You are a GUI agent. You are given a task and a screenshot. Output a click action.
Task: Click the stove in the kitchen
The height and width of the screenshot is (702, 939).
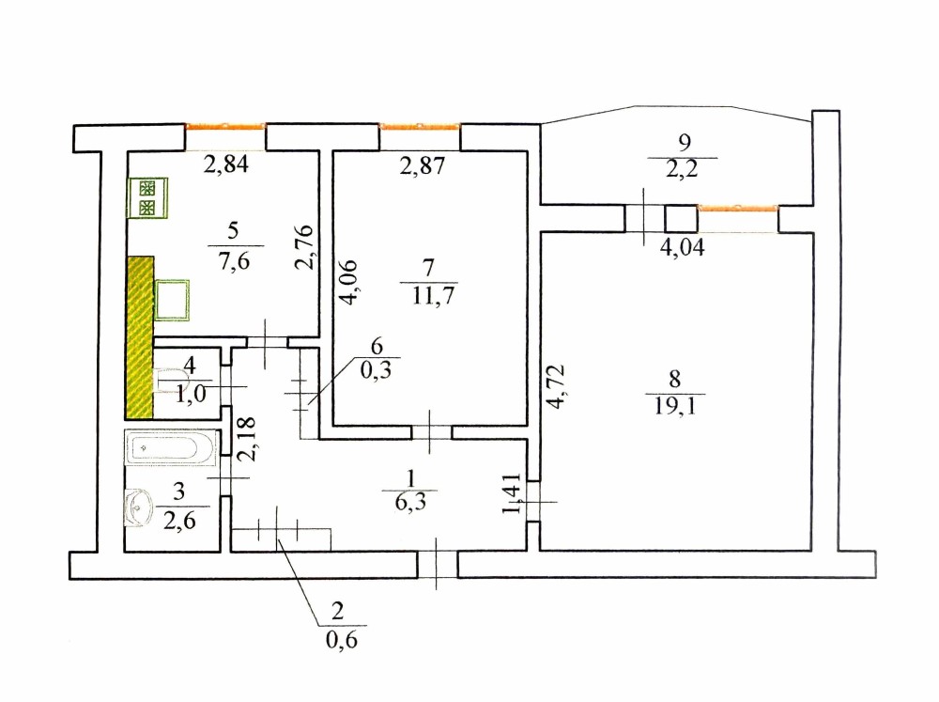tap(146, 198)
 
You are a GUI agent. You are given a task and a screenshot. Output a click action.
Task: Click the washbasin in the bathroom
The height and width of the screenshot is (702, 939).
tap(142, 507)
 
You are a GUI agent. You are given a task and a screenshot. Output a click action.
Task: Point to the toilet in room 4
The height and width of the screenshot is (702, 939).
tap(174, 382)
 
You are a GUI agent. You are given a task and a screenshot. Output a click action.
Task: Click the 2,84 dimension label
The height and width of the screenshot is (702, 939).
tap(226, 166)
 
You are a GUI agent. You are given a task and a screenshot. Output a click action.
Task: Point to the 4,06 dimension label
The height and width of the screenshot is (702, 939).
tap(348, 282)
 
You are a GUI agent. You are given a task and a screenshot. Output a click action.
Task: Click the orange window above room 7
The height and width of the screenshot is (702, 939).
tap(420, 125)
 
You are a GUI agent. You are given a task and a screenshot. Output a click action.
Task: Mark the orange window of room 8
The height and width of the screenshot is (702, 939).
tap(737, 206)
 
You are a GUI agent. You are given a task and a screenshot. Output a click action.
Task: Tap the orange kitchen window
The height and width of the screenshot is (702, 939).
tap(225, 125)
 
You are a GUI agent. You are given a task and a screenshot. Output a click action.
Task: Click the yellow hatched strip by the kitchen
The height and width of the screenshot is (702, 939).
tap(140, 336)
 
